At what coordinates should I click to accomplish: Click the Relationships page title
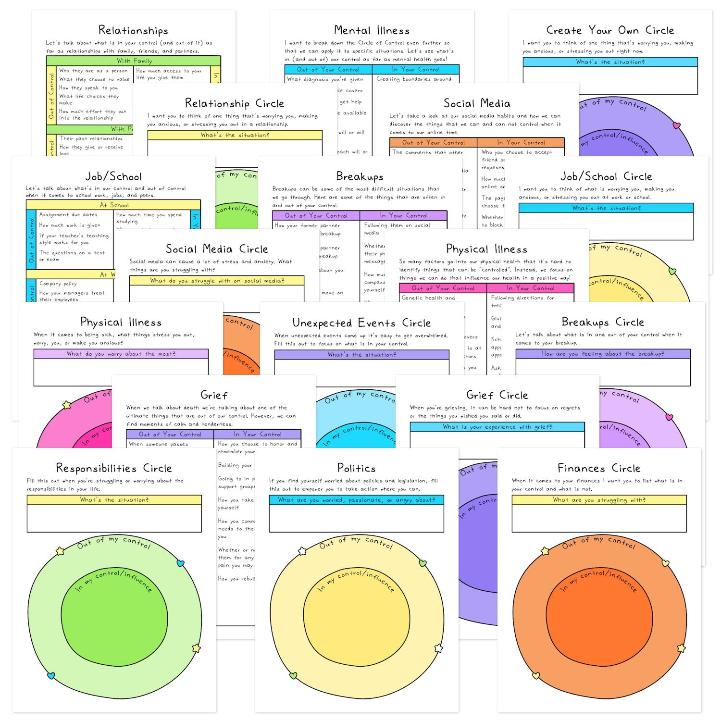tap(133, 30)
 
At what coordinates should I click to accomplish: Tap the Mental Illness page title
tap(372, 30)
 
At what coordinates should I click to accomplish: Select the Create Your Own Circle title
tap(610, 30)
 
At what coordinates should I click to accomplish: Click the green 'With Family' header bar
tap(134, 61)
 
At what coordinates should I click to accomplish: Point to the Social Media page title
tap(476, 103)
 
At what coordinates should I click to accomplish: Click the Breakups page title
tap(360, 176)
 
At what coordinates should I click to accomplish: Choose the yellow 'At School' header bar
tap(113, 205)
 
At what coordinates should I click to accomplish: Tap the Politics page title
tap(356, 468)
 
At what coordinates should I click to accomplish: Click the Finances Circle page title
tap(598, 468)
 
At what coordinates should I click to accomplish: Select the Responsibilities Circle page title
tap(113, 468)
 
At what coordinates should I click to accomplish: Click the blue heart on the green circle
tap(181, 563)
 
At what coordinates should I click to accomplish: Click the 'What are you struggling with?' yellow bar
tap(599, 500)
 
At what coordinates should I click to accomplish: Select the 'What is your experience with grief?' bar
tap(497, 427)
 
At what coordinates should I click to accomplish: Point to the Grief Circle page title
tap(497, 395)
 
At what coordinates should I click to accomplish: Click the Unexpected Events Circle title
tap(361, 323)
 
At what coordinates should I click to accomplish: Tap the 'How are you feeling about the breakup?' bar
tap(603, 354)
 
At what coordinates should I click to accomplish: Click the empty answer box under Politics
tap(356, 518)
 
